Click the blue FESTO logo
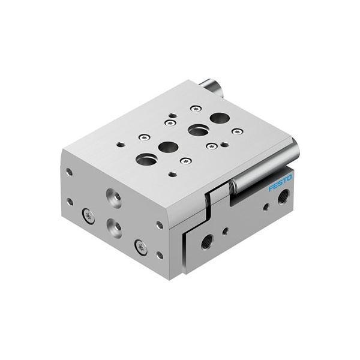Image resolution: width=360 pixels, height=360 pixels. (280, 183)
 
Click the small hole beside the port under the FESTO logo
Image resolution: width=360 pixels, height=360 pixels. (266, 208)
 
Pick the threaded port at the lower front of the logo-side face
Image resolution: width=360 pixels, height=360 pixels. (207, 242)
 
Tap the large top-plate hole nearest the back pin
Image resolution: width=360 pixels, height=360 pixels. (220, 118)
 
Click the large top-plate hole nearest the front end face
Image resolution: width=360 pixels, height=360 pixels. (146, 159)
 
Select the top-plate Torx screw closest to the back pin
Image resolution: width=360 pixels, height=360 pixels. (196, 109)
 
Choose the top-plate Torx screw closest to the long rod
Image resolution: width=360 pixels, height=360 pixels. (238, 131)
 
